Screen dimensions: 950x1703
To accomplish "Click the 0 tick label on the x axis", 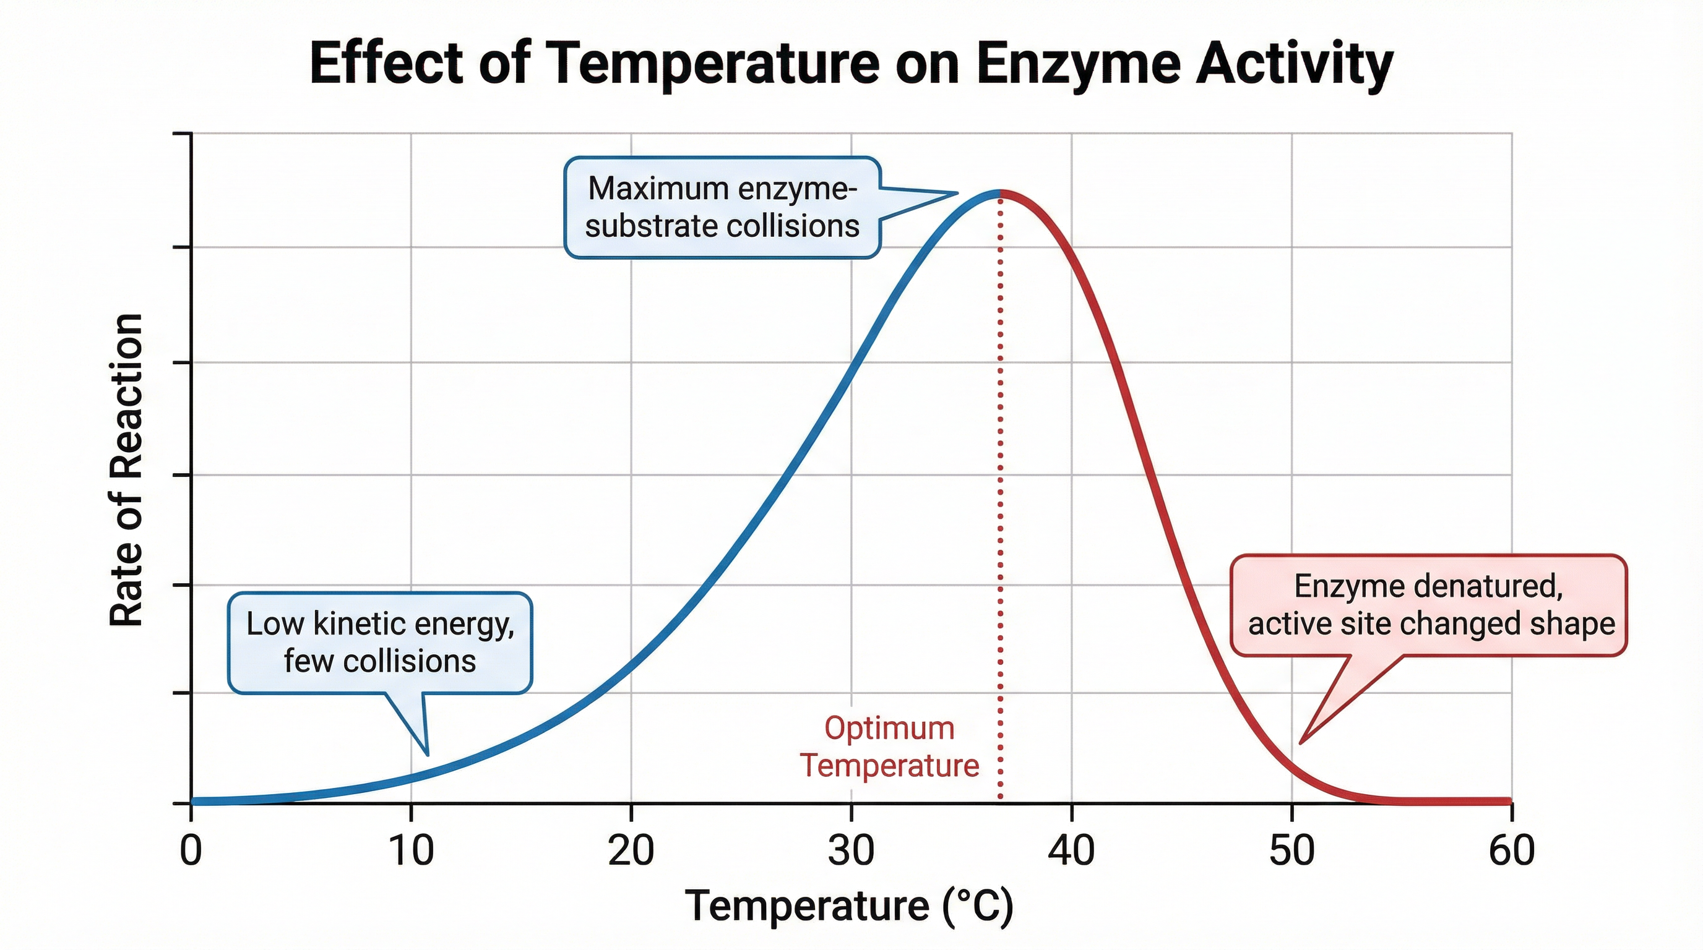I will pos(191,850).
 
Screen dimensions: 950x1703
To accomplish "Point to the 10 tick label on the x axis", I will pos(411,850).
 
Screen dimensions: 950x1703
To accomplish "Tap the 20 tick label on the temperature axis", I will pos(631,850).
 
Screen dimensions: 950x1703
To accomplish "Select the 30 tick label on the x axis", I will pos(851,850).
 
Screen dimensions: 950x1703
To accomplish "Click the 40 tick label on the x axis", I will pos(1071,850).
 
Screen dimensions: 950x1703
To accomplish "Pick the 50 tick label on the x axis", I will pos(1291,850).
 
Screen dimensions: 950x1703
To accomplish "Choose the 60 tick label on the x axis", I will pos(1511,850).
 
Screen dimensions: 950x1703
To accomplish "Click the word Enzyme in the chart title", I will pos(1077,65).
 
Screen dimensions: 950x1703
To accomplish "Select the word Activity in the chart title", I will pos(1295,65).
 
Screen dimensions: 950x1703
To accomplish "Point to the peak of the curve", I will pos(999,192).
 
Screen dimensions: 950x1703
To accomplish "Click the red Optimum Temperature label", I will pos(889,747).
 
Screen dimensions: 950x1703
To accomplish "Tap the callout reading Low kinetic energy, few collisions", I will pos(380,642).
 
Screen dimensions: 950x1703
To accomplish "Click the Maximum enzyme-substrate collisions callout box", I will pos(722,207).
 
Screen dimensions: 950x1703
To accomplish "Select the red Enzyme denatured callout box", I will pos(1428,604).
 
